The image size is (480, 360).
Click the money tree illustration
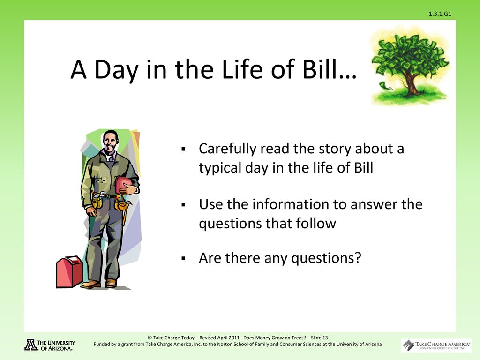[410, 66]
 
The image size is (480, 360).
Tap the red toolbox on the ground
[69, 272]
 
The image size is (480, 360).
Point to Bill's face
[110, 142]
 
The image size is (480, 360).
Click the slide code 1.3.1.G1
[440, 14]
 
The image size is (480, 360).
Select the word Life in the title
[242, 69]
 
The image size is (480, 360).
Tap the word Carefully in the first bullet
[227, 149]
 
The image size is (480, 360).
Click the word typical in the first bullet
[219, 168]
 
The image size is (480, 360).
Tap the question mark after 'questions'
[358, 257]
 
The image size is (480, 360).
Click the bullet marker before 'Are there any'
[184, 259]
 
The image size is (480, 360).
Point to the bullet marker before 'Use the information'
[184, 205]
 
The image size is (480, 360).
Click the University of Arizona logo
[50, 345]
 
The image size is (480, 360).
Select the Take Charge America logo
[436, 345]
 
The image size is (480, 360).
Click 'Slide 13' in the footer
[319, 337]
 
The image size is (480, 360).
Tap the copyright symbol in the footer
[150, 337]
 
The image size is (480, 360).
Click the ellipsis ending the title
[348, 77]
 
